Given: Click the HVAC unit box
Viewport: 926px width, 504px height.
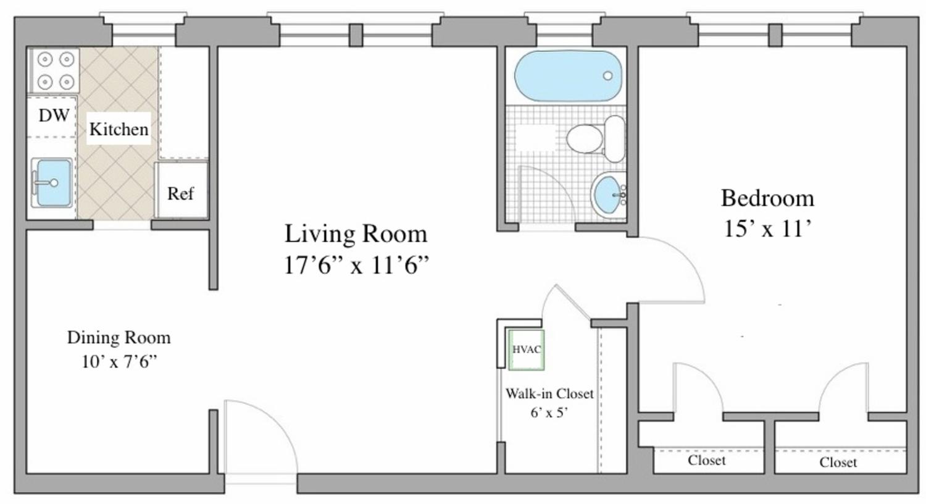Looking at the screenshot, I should (x=526, y=350).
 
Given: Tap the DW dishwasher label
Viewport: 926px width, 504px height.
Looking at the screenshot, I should (x=54, y=115).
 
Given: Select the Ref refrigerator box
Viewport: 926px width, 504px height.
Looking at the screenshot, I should (x=181, y=193).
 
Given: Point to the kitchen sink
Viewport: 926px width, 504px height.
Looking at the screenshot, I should (x=52, y=183).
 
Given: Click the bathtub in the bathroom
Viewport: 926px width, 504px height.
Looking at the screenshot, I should (x=568, y=76).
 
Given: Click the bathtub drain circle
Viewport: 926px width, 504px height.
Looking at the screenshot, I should (x=607, y=76).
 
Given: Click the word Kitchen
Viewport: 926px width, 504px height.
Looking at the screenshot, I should (x=119, y=129).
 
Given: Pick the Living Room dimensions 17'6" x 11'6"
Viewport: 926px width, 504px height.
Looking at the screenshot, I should (x=356, y=266).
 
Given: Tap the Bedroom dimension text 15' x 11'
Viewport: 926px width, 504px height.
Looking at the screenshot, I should (x=767, y=229).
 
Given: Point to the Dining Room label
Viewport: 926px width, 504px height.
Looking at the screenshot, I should (x=119, y=337).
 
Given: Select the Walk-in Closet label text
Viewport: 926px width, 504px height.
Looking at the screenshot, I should (x=549, y=393).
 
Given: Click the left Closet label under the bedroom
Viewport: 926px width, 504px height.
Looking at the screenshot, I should (x=706, y=460).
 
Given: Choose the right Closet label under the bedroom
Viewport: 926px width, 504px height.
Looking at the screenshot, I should (x=838, y=462).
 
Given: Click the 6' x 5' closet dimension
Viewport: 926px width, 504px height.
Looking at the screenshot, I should (x=549, y=412).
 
